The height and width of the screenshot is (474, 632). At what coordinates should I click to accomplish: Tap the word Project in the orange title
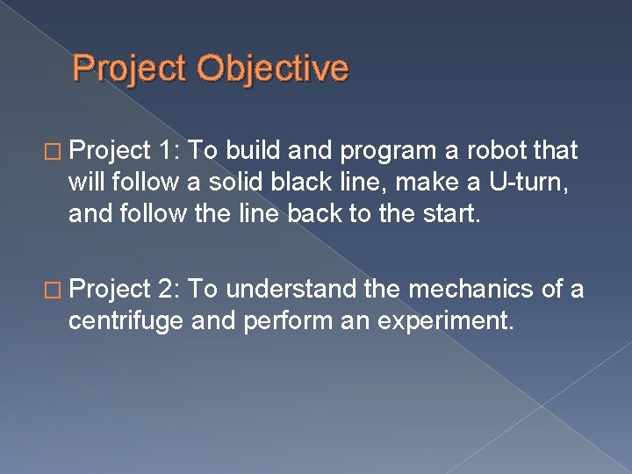(x=131, y=68)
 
